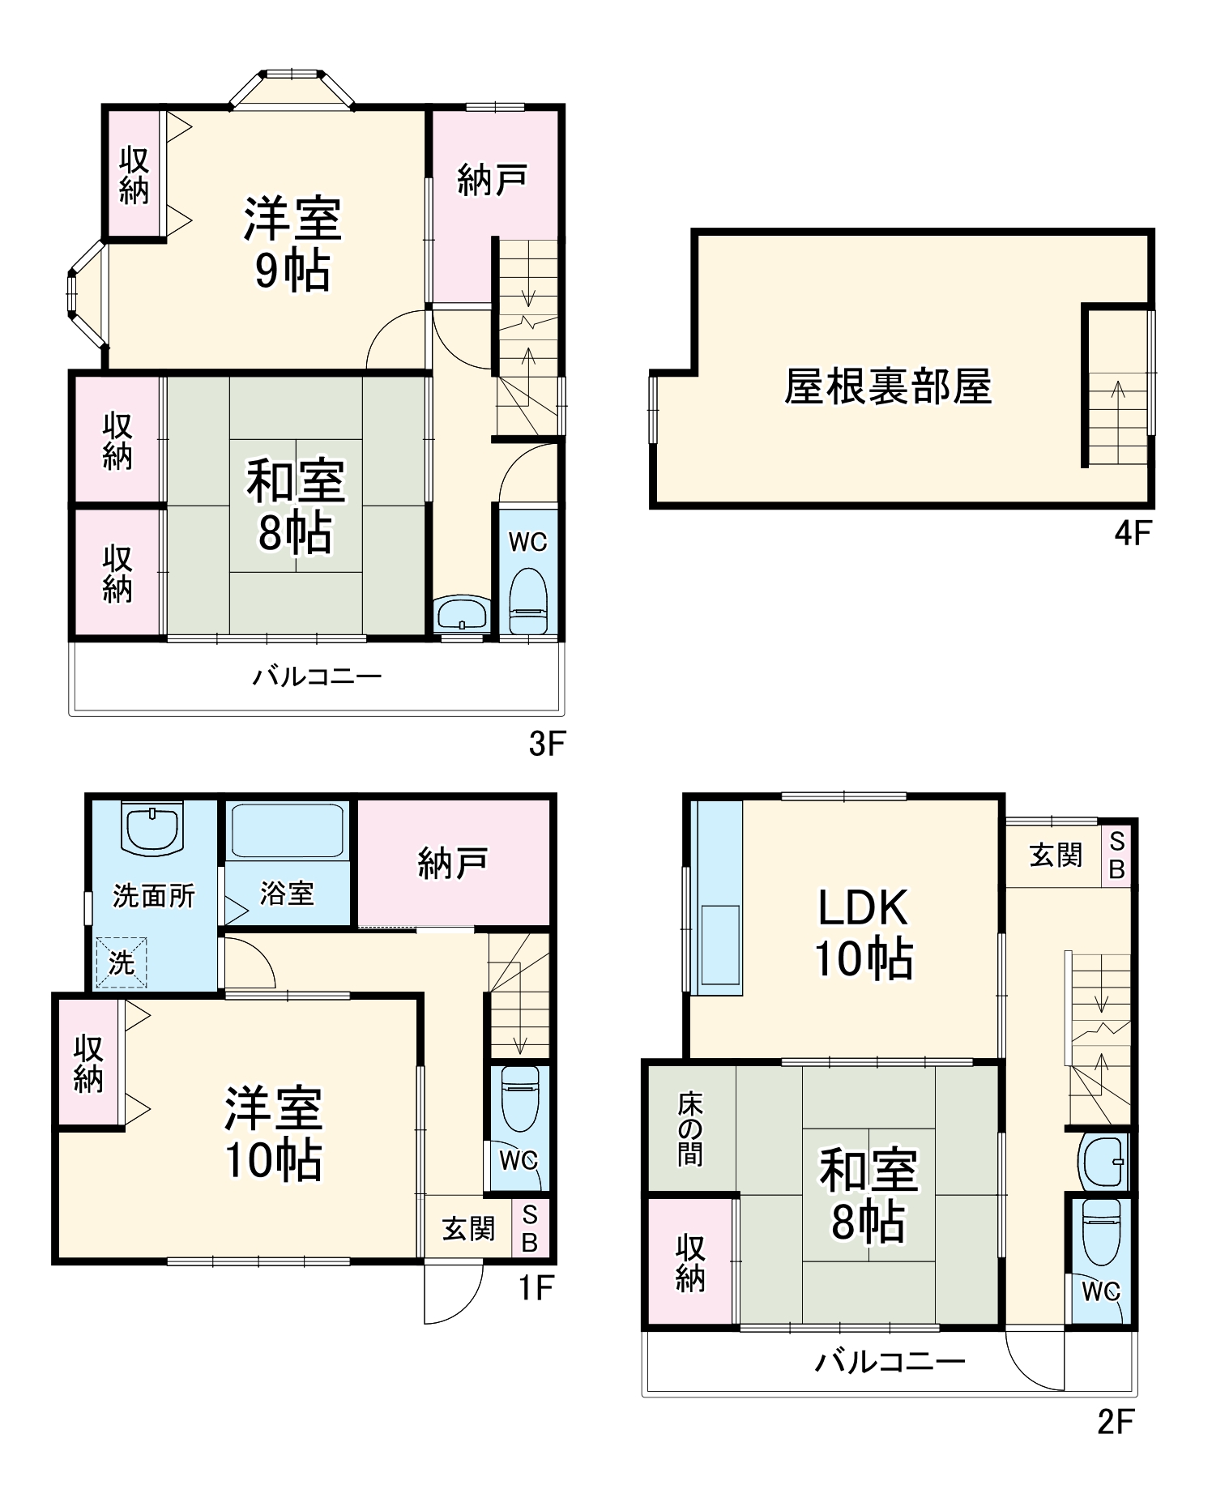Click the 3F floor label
[x=546, y=743]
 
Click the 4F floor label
[x=1133, y=533]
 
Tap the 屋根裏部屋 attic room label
[x=888, y=386]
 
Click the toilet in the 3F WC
[x=527, y=601]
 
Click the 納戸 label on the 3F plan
[x=493, y=180]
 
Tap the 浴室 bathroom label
[x=287, y=893]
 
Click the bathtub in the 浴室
[x=287, y=830]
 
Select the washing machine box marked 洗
[x=121, y=962]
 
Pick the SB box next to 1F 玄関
[x=530, y=1229]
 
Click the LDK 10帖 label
[x=864, y=933]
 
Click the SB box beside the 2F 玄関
[x=1116, y=856]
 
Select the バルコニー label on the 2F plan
[x=889, y=1361]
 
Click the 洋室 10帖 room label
[x=274, y=1133]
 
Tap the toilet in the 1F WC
[x=519, y=1098]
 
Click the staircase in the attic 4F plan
[x=1118, y=418]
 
